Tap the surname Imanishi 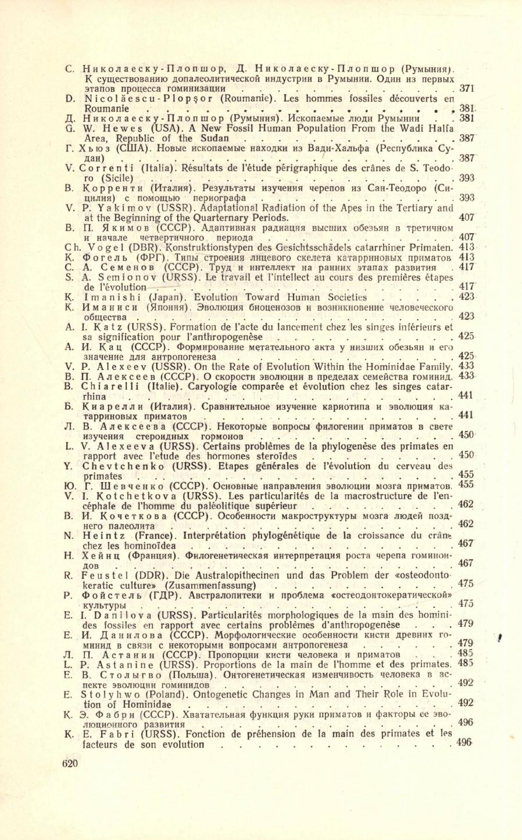click(109, 296)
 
